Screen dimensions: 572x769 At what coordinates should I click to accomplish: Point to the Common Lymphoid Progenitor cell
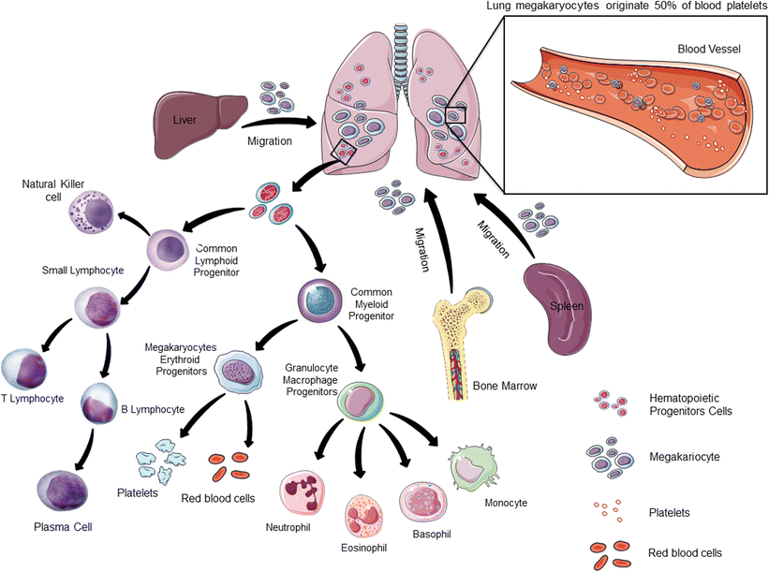tap(169, 251)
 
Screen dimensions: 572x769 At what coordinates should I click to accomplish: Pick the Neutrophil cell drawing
tap(306, 495)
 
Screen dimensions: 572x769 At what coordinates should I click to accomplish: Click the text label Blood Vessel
tap(709, 48)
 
